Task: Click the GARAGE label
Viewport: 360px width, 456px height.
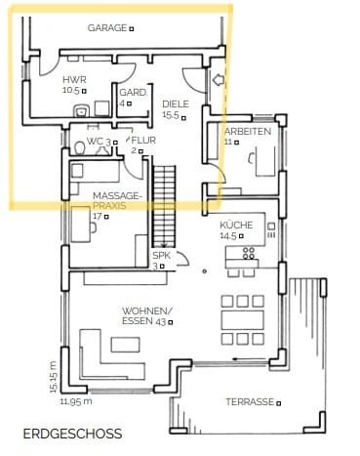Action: tap(107, 28)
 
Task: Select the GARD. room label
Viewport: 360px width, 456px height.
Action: tap(133, 93)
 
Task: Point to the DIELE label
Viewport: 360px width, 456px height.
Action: tap(176, 104)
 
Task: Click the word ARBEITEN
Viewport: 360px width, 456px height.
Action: tap(248, 132)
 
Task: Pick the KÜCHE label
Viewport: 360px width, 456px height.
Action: tap(236, 225)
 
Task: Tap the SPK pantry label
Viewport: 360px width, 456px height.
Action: tap(162, 256)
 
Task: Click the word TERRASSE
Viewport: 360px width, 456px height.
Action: tap(250, 402)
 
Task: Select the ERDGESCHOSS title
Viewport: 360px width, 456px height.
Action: tap(73, 434)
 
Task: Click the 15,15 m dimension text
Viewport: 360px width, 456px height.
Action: tap(54, 377)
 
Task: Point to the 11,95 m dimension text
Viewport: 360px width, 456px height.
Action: tap(76, 401)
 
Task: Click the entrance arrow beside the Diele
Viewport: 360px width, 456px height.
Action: tap(218, 79)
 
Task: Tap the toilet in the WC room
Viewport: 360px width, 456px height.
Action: tap(79, 148)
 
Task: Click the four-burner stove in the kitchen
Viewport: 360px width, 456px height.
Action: tap(249, 253)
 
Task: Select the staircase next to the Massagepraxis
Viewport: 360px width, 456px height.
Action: tap(164, 206)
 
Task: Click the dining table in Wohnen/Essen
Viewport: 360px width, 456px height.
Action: tap(243, 320)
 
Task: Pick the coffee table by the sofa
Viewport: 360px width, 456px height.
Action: tap(126, 345)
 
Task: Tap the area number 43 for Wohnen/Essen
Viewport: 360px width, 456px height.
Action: tap(161, 322)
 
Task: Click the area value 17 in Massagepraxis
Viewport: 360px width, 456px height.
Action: tap(98, 216)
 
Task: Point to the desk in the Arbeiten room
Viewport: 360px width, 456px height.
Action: tap(266, 161)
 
